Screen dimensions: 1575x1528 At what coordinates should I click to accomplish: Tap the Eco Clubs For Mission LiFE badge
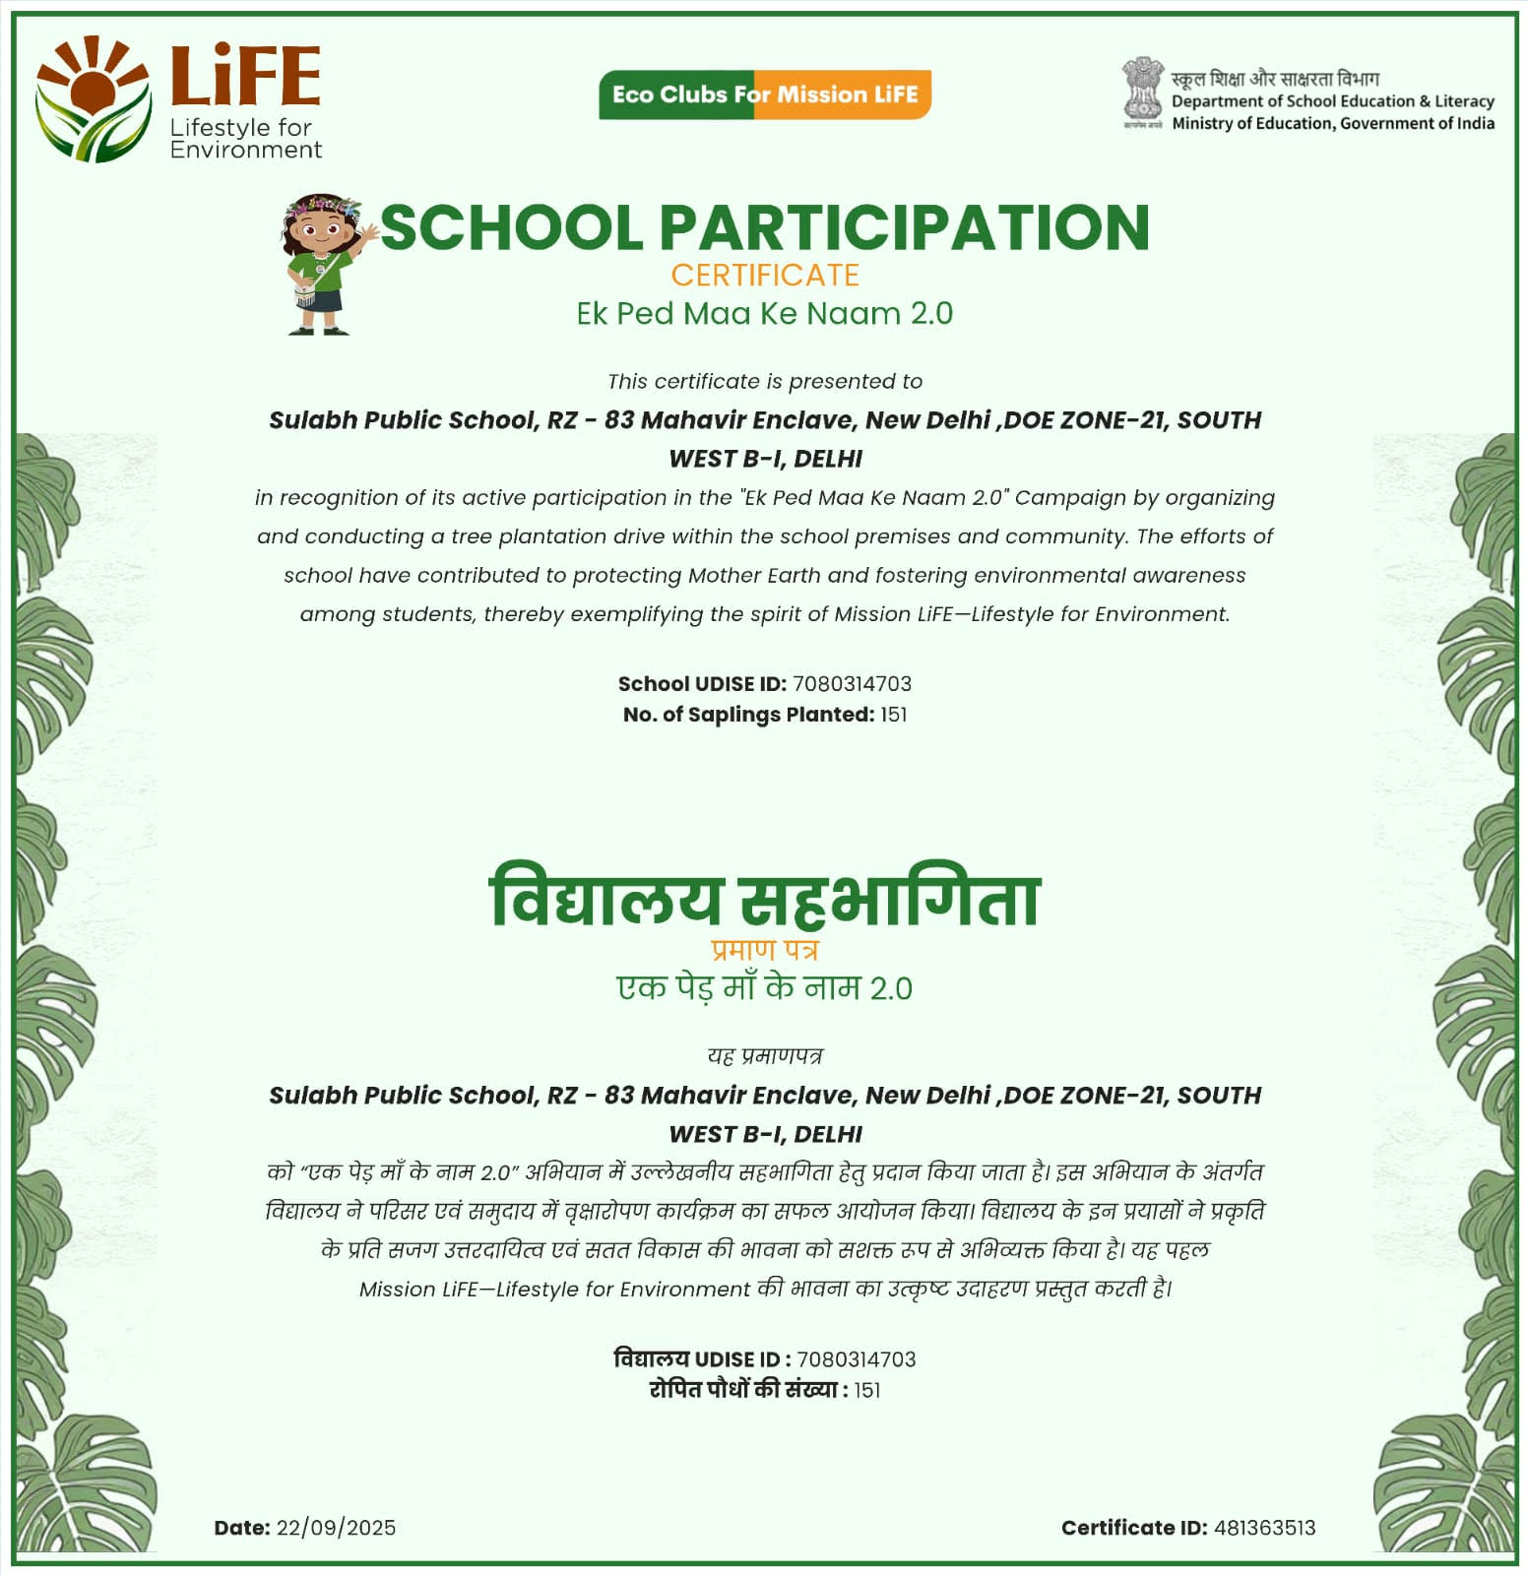point(764,94)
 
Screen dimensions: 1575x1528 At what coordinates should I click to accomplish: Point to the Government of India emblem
point(1142,92)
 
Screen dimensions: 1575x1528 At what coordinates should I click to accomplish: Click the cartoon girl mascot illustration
point(325,264)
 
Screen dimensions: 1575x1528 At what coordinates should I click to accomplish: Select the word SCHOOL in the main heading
point(511,227)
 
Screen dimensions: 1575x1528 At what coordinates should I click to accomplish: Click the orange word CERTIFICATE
point(765,275)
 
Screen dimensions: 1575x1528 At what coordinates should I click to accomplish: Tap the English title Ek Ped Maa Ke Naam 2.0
point(764,313)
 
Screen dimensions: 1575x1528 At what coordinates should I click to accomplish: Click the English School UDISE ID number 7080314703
point(852,683)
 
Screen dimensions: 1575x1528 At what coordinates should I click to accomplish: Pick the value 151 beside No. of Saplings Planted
point(893,715)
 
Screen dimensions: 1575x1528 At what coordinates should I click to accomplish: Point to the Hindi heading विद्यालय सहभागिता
point(764,898)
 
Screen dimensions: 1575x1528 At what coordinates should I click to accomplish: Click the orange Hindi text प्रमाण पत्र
point(764,950)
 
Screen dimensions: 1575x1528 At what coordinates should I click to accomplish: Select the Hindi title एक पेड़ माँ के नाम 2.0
point(764,987)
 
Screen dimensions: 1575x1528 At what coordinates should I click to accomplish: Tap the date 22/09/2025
point(336,1528)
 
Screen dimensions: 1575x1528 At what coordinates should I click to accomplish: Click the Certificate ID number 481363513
point(1264,1528)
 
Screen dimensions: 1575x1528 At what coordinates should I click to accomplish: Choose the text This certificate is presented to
point(764,381)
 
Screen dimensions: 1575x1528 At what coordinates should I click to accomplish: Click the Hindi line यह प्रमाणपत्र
point(764,1055)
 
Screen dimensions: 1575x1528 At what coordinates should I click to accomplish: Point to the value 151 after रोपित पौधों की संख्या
point(866,1390)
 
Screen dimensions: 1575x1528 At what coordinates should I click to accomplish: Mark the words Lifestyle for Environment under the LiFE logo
point(245,139)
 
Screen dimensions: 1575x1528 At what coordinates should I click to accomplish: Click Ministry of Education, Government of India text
point(1332,123)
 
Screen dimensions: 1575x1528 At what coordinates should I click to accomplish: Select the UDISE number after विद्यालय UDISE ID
point(856,1359)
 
